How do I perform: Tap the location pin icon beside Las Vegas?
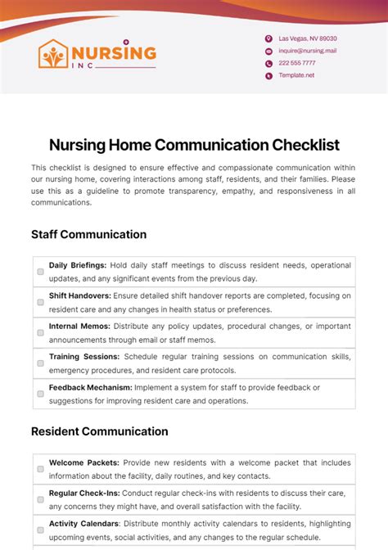(x=268, y=38)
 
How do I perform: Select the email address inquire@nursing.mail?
(x=307, y=51)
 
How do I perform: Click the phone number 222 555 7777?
(x=296, y=63)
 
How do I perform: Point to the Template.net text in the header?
(x=296, y=75)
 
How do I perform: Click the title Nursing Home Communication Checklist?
(x=194, y=145)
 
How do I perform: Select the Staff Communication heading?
(x=89, y=234)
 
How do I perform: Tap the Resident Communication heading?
(x=100, y=431)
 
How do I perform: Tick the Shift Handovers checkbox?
(x=40, y=302)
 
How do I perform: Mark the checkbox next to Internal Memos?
(x=40, y=333)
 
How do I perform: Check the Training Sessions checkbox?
(x=40, y=363)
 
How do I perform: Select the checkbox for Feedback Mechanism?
(x=40, y=394)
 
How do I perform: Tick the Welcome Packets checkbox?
(x=40, y=469)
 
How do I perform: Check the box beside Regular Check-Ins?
(x=40, y=499)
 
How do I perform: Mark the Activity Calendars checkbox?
(x=40, y=530)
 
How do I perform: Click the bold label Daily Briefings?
(x=75, y=265)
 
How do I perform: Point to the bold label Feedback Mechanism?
(x=90, y=387)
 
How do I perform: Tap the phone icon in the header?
(x=268, y=63)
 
